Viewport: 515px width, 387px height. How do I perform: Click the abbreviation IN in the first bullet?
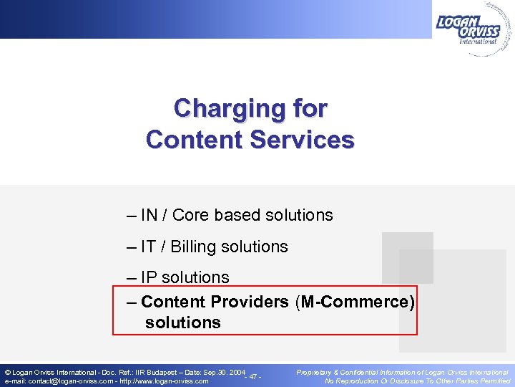coord(149,215)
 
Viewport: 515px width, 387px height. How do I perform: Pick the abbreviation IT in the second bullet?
coord(148,247)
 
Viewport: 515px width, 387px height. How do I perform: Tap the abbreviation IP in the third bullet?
coord(149,277)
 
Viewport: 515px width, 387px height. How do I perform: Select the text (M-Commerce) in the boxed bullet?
coord(354,302)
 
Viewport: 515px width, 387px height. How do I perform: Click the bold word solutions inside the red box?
coord(183,322)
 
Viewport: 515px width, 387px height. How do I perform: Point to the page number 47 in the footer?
coord(253,377)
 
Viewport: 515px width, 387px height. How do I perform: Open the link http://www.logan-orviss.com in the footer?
coord(165,381)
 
